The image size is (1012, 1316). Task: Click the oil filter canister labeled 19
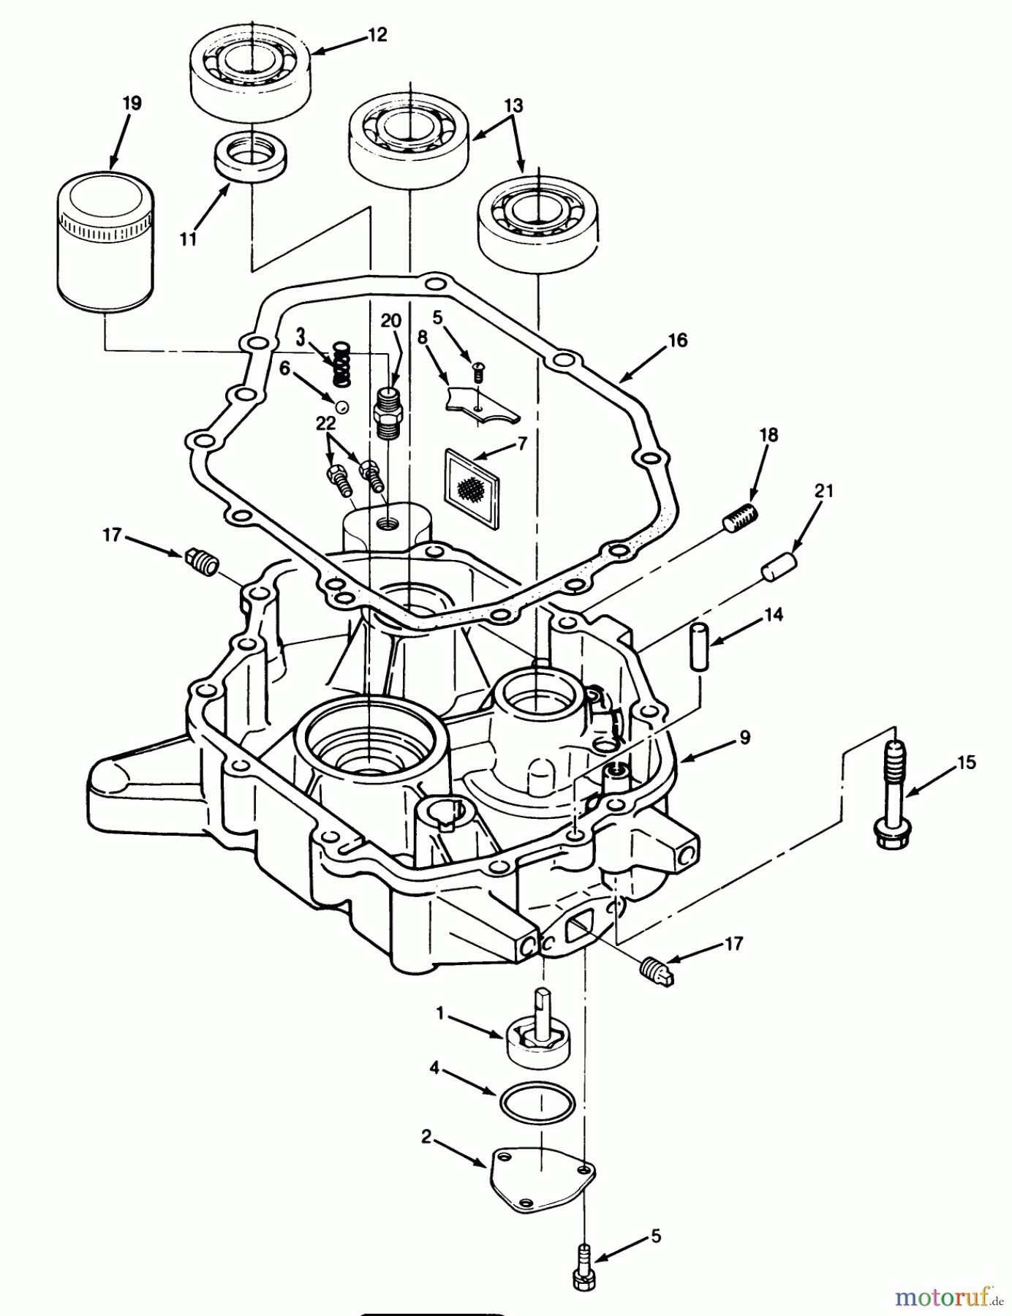tap(105, 241)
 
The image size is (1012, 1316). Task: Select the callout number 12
tap(377, 34)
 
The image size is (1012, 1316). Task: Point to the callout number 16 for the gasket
tap(677, 340)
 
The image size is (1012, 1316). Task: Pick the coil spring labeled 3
tap(341, 365)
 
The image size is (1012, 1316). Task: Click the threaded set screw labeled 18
tap(741, 518)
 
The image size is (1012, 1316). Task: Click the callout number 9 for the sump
tap(744, 737)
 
